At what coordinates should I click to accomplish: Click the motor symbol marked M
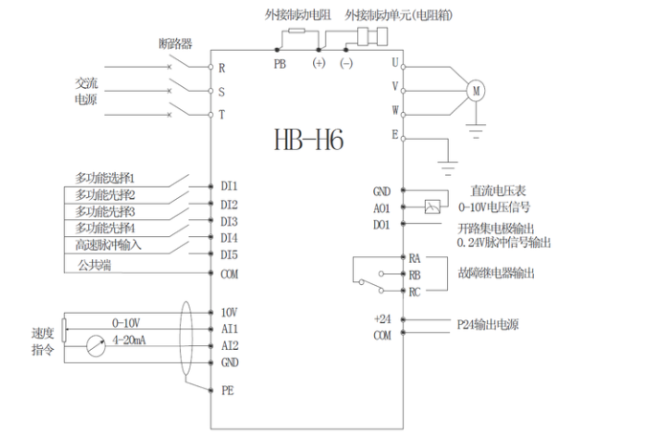(x=475, y=90)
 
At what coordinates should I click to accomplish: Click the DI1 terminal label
(x=229, y=186)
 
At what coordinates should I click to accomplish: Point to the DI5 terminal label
(x=229, y=254)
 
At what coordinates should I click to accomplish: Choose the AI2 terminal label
(x=230, y=345)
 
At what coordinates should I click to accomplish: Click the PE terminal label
(x=227, y=390)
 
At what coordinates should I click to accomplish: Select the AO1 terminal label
(x=382, y=208)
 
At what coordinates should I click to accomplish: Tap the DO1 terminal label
(x=382, y=225)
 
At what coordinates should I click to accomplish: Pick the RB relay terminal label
(x=414, y=274)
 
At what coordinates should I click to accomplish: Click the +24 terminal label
(x=384, y=318)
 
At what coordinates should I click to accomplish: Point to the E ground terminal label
(x=394, y=135)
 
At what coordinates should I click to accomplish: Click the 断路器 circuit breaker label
(x=175, y=45)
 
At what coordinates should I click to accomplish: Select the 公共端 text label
(x=94, y=263)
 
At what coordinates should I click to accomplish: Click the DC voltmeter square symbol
(x=433, y=206)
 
